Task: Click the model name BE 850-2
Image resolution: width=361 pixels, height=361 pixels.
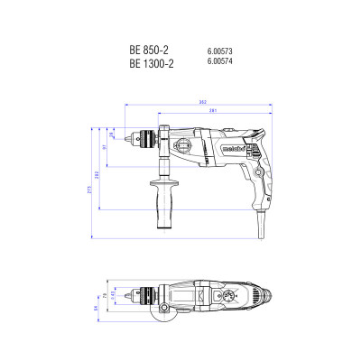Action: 142,51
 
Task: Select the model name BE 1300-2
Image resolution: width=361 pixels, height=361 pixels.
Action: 144,64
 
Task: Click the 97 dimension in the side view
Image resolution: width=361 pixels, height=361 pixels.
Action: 105,146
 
